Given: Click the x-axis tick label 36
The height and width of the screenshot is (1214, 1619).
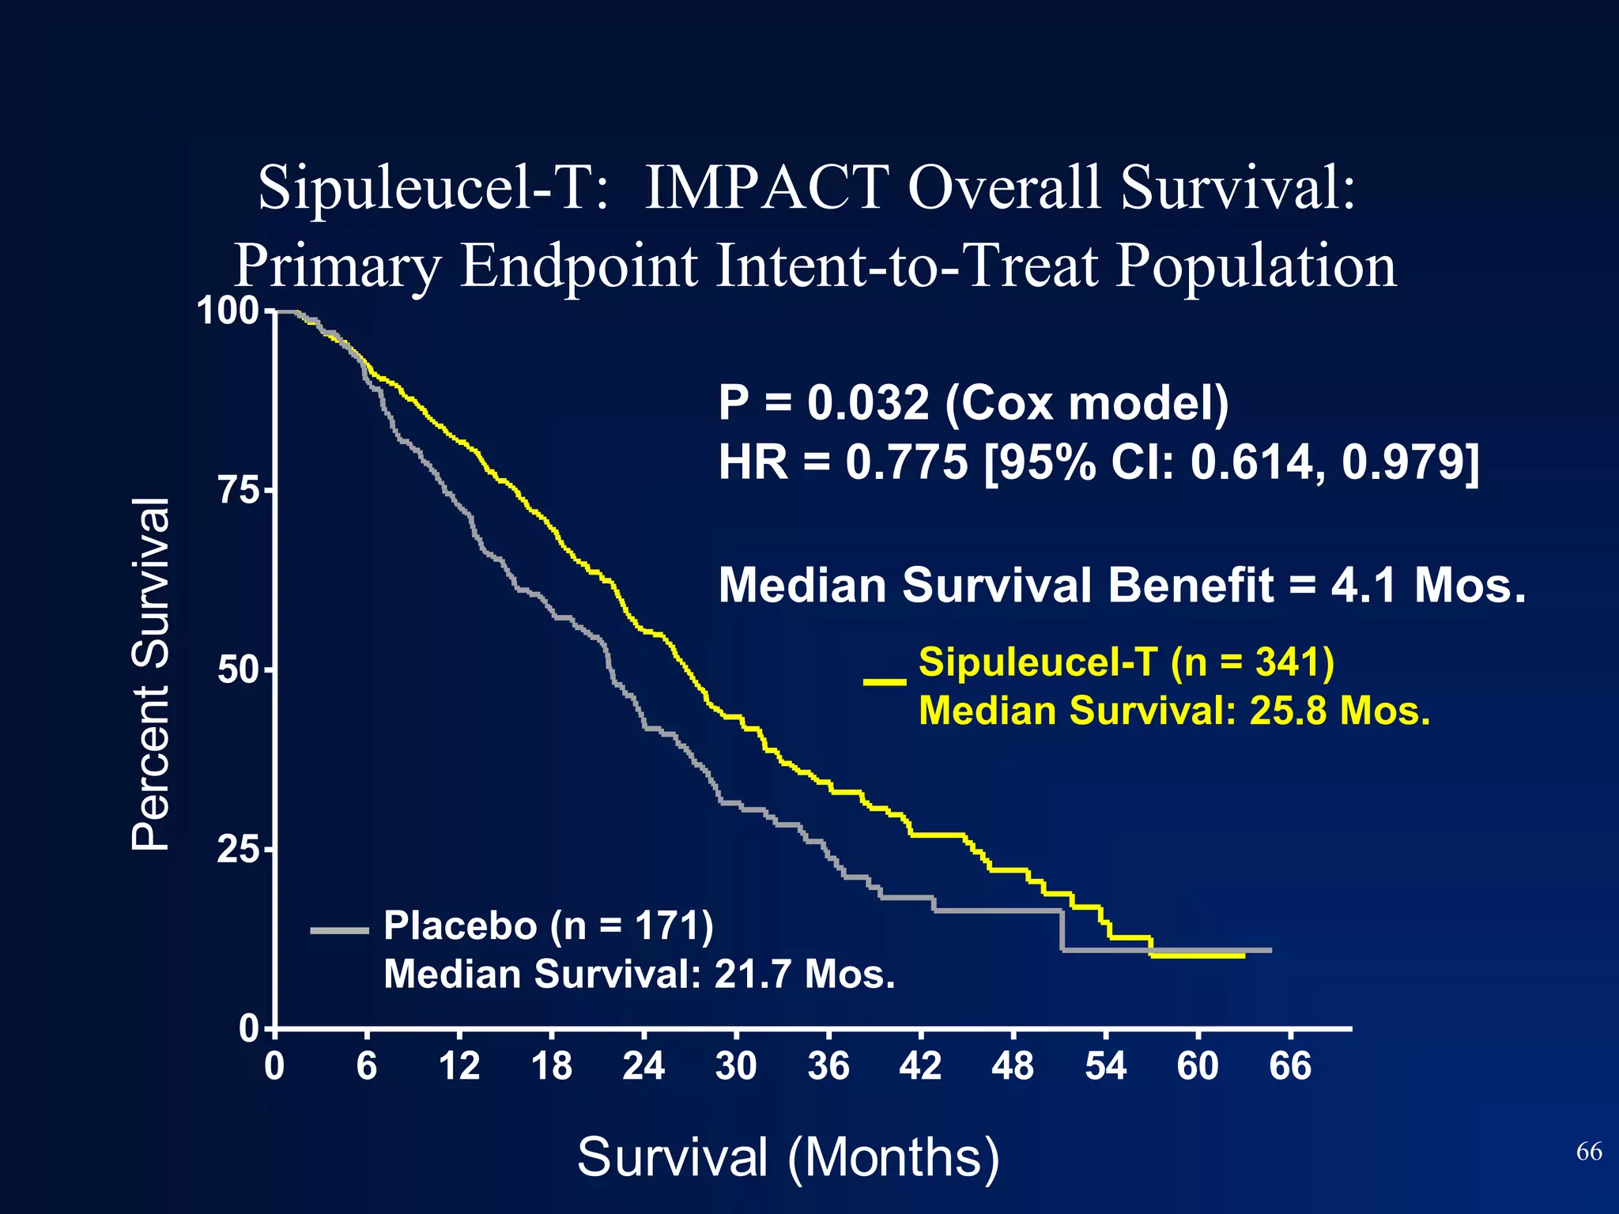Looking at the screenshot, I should pos(828,1066).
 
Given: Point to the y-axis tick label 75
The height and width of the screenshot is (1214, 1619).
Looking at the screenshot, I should pos(239,491).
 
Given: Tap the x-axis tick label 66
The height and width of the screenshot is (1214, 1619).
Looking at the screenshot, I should pos(1290,1066).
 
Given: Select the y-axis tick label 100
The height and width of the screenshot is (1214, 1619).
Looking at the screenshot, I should pos(228,311).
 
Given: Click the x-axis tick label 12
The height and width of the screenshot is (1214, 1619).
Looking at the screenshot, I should pos(459,1066).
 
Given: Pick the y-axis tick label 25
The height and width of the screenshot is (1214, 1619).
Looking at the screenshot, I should pos(239,850).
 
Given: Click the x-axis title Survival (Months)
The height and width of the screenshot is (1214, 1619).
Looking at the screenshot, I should pos(788,1157).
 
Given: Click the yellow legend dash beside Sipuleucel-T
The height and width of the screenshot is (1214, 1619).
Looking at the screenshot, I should pos(885,681).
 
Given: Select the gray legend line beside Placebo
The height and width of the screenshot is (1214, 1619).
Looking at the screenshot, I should pos(340,931).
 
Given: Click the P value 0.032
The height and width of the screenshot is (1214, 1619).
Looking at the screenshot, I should pos(868,403).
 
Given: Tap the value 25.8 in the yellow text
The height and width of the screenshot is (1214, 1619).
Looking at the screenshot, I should pos(1288,711).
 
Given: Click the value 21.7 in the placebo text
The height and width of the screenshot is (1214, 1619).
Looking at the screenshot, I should pos(753,974).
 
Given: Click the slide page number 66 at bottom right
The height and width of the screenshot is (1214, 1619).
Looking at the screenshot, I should pos(1589,1152).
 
